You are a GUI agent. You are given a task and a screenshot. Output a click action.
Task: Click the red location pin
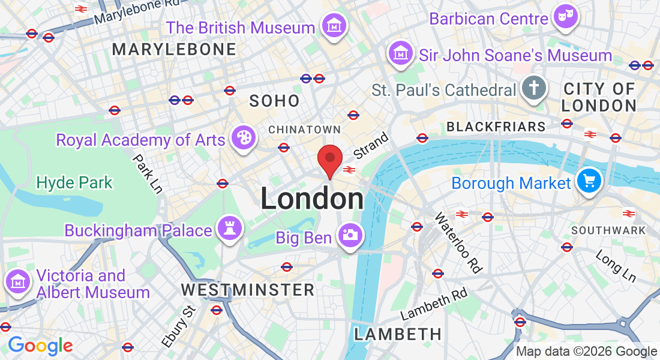(x=329, y=160)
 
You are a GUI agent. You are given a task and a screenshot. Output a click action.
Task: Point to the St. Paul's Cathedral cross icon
(x=532, y=88)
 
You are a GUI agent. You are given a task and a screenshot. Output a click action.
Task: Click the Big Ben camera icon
(x=349, y=235)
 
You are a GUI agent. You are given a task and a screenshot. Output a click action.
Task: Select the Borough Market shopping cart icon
(x=589, y=180)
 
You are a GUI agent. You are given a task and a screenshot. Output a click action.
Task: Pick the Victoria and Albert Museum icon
(x=18, y=280)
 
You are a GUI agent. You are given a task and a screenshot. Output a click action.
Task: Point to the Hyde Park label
(x=74, y=182)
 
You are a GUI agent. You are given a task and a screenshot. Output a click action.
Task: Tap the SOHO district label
(x=274, y=101)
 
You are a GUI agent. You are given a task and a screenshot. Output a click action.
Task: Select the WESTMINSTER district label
(x=248, y=290)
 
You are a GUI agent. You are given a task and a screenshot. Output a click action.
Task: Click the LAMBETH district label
(x=398, y=334)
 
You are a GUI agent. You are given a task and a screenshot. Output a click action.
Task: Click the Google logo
(x=40, y=346)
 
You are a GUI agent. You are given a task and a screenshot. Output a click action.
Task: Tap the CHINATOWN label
(x=304, y=130)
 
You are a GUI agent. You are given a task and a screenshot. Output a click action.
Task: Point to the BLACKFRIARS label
(x=496, y=127)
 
